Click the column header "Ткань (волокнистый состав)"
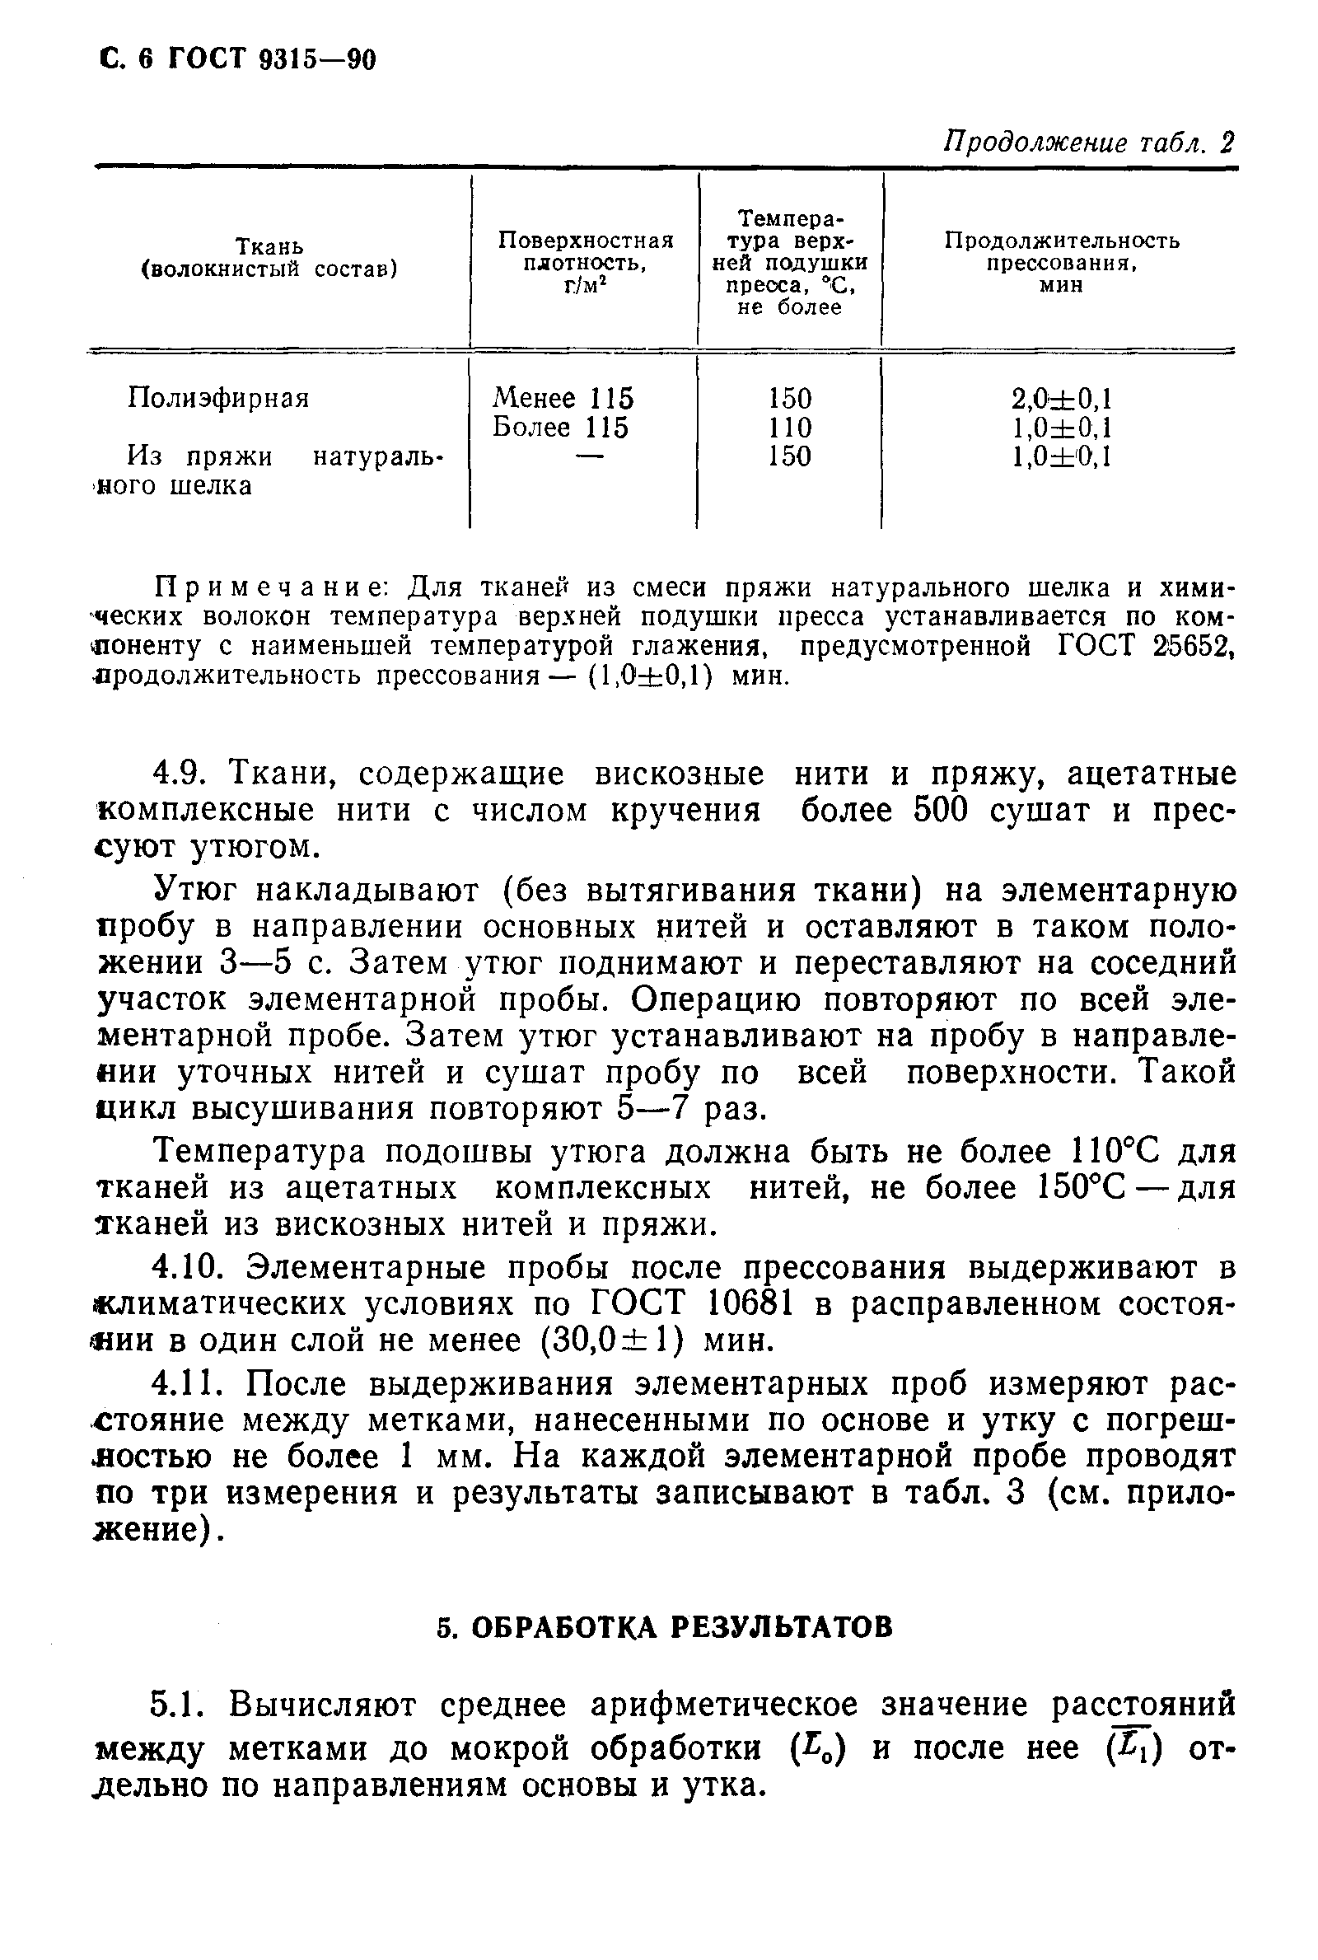(269, 257)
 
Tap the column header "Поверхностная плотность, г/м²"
(586, 263)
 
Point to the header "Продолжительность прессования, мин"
(1062, 262)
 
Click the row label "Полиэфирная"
(218, 398)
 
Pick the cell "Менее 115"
(563, 398)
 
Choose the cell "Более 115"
(561, 427)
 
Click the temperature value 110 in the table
(790, 428)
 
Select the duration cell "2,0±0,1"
(1063, 398)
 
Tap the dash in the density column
(590, 456)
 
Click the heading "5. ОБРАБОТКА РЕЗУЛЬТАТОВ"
(664, 1628)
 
